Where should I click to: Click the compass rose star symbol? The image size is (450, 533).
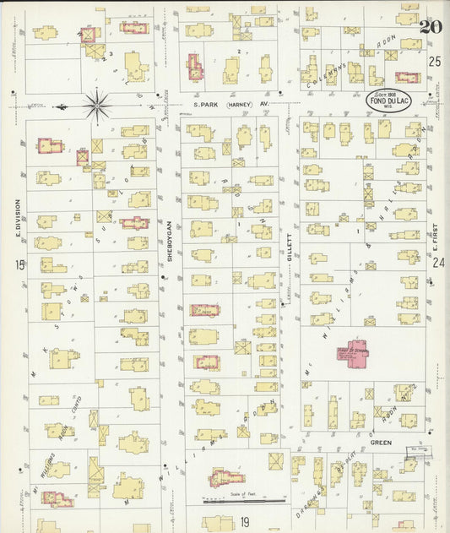[x=98, y=106]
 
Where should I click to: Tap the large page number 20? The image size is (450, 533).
[x=430, y=24]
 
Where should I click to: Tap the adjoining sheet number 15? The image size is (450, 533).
[x=19, y=265]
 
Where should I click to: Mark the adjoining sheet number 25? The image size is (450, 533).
[x=434, y=61]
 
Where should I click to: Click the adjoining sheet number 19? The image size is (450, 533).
[x=245, y=521]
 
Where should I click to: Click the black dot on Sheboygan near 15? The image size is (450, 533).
[x=163, y=275]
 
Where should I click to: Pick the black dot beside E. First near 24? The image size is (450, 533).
[x=431, y=283]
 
